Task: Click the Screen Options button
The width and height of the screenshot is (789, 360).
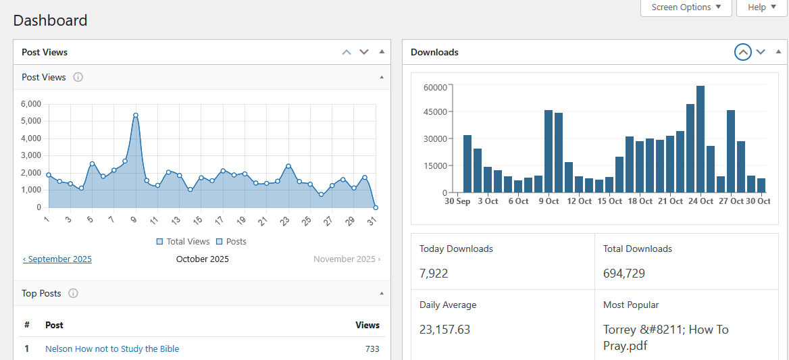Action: (x=686, y=7)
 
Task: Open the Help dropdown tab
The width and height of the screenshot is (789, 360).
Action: (x=761, y=7)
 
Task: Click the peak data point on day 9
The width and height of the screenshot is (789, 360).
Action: (x=136, y=115)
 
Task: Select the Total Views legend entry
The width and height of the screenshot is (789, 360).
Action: (x=183, y=241)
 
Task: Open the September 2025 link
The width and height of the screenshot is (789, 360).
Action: (x=57, y=259)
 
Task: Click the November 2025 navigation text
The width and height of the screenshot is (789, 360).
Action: (x=347, y=259)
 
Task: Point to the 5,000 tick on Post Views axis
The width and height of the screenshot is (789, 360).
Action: (x=31, y=121)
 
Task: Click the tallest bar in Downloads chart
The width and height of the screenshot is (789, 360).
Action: (x=701, y=139)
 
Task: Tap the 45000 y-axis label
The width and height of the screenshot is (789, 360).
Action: (x=435, y=112)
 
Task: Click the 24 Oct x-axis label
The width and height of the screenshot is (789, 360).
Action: (x=700, y=201)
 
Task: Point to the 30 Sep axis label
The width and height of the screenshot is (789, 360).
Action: (x=457, y=201)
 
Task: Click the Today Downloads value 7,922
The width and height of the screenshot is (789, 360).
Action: (x=434, y=274)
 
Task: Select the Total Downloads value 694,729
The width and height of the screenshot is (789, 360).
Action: (x=624, y=274)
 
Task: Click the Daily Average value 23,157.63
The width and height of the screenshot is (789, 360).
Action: (x=444, y=330)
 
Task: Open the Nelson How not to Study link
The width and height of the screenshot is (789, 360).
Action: (x=112, y=349)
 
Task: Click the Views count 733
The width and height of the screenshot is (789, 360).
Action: (x=371, y=349)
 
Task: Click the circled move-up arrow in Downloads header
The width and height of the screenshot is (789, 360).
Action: (x=742, y=52)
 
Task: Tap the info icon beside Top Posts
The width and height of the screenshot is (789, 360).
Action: (x=74, y=294)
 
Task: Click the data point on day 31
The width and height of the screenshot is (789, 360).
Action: (x=376, y=207)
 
